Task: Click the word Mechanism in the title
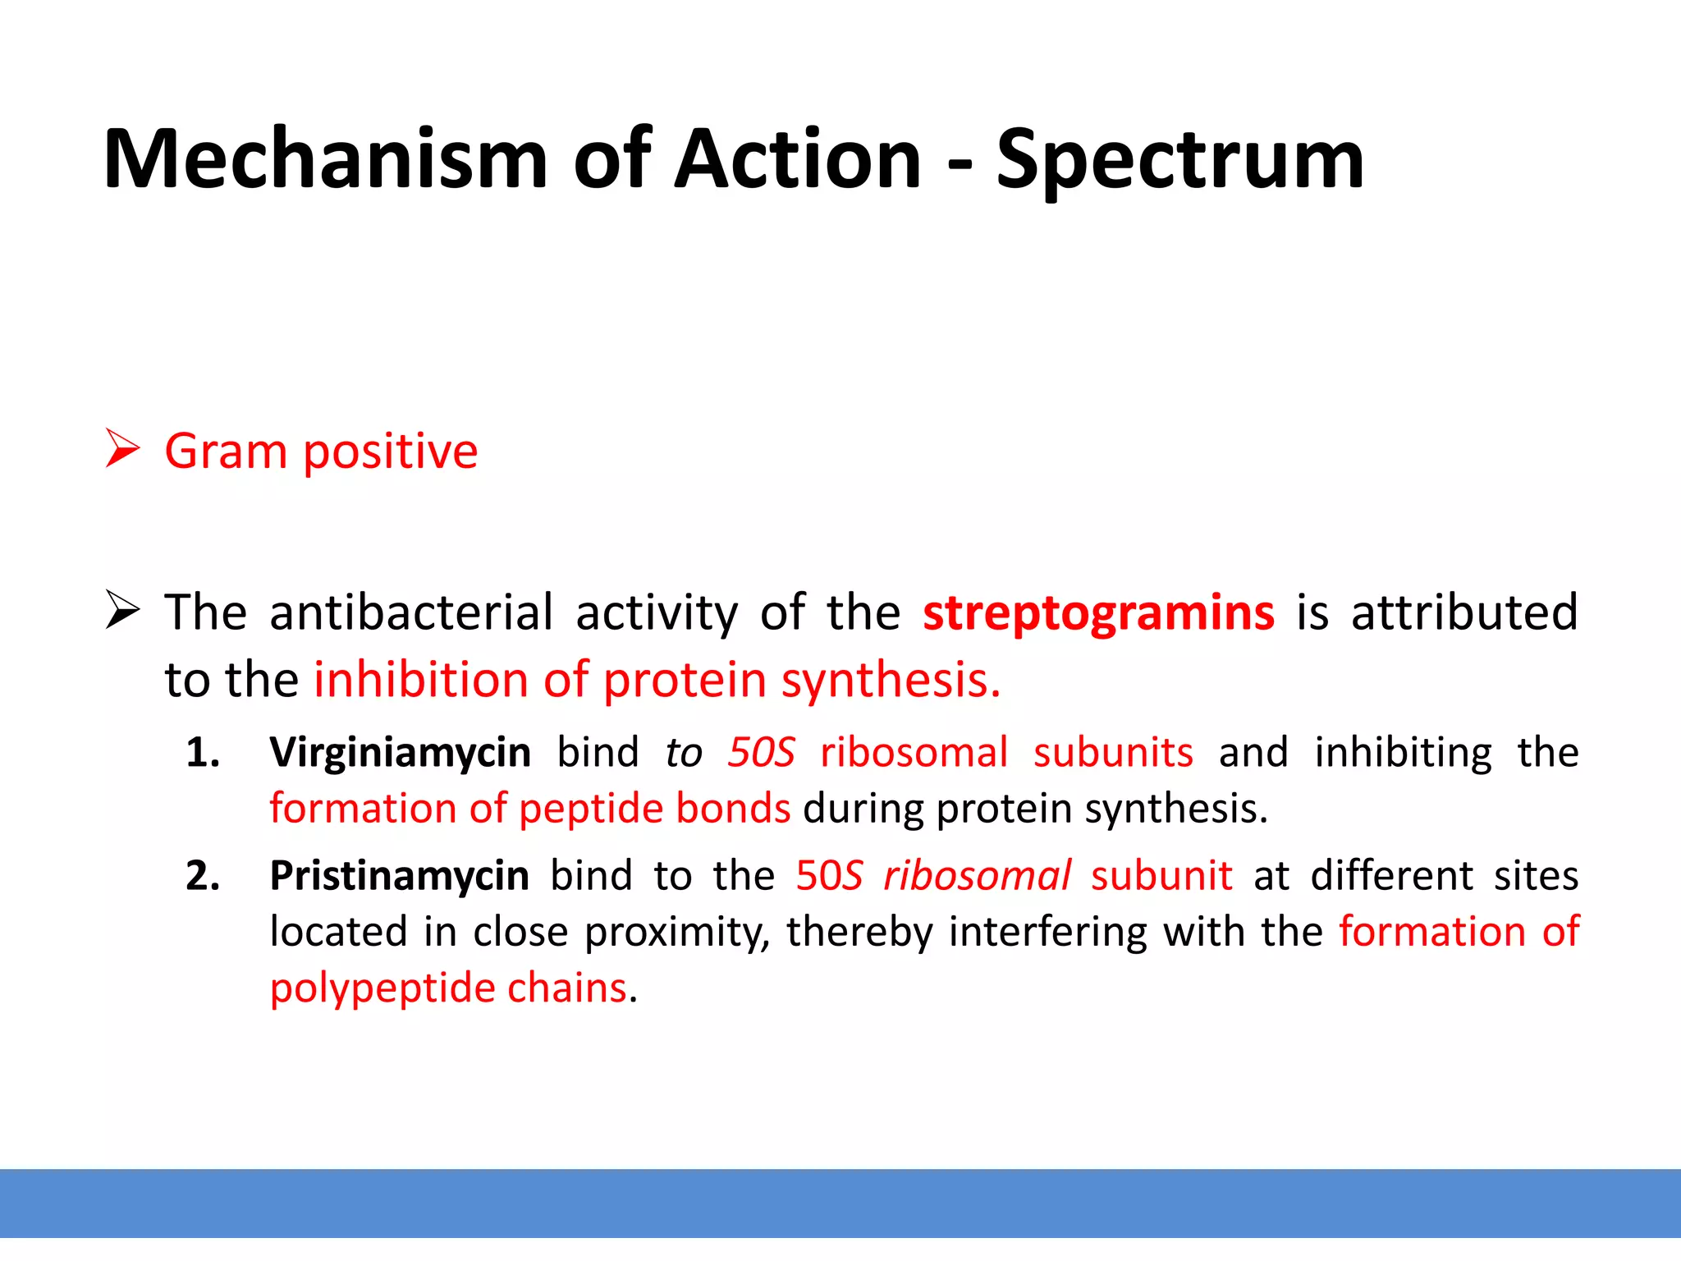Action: click(325, 160)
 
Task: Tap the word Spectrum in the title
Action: click(1180, 160)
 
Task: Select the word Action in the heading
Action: click(797, 160)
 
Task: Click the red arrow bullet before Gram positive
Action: click(123, 450)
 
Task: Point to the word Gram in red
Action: click(225, 452)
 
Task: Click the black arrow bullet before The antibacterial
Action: click(123, 612)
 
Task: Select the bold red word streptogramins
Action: click(1098, 613)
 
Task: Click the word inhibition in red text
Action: click(420, 680)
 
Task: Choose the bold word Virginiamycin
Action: click(400, 752)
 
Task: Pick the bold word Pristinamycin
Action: click(399, 876)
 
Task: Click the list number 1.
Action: click(203, 753)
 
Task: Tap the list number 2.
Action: click(203, 876)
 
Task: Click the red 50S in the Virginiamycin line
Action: click(761, 752)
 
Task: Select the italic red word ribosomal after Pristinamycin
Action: click(977, 876)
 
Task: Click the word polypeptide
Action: click(381, 988)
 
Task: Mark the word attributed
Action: click(1464, 613)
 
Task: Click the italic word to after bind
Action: click(684, 752)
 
